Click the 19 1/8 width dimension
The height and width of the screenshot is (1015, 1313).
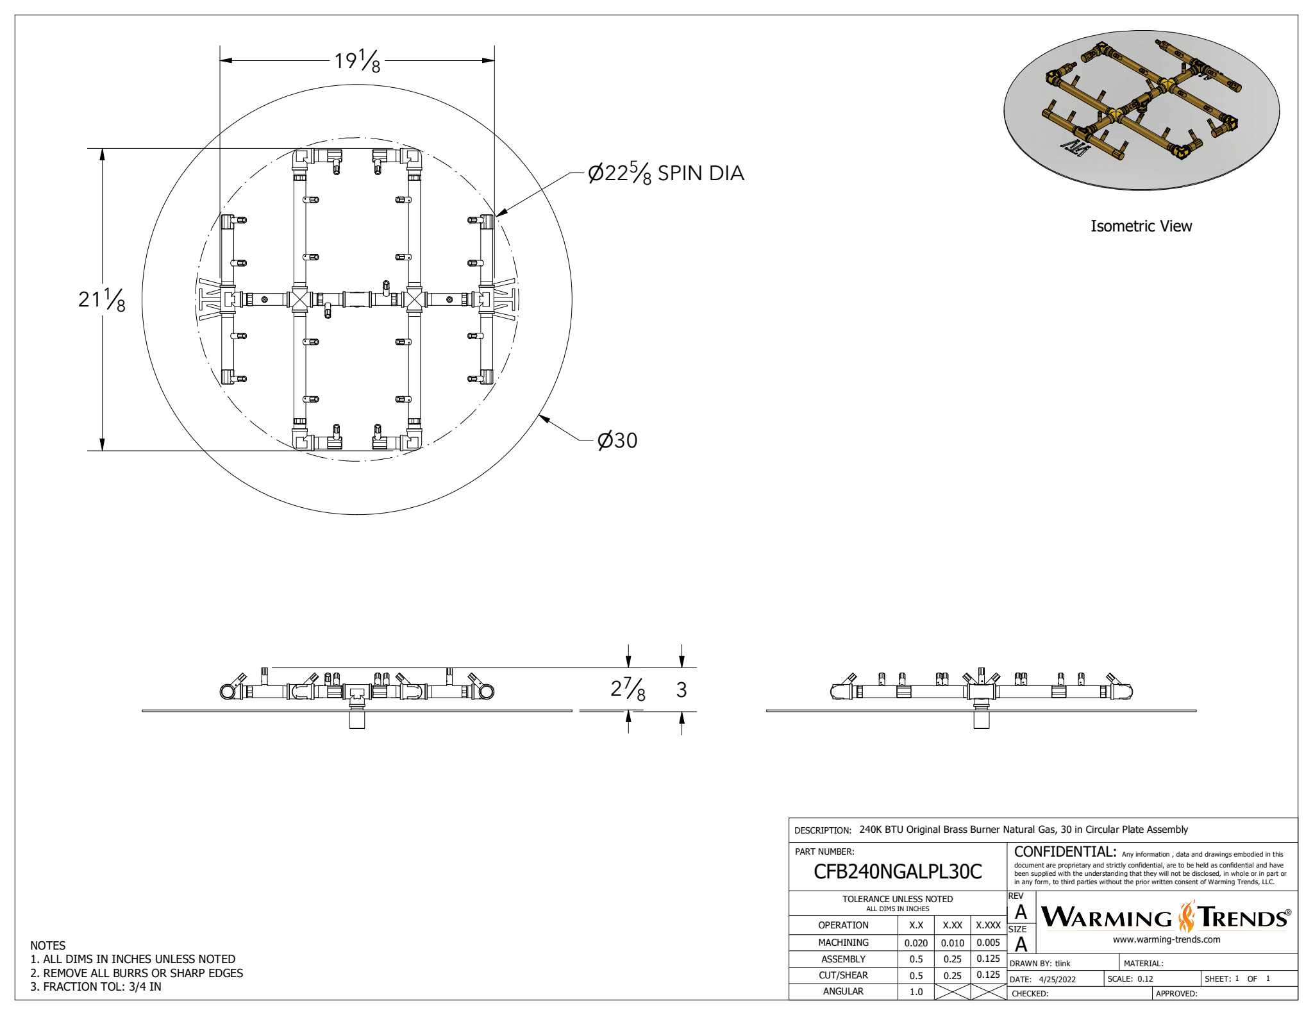357,61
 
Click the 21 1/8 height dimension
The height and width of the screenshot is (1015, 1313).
101,299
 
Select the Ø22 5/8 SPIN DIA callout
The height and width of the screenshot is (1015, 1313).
665,173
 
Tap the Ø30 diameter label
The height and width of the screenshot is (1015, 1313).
617,440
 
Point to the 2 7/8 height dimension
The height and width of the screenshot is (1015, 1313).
627,689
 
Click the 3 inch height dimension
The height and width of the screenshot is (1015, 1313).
682,690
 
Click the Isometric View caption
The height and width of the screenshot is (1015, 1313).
1141,226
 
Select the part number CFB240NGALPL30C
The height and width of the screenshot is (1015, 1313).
897,871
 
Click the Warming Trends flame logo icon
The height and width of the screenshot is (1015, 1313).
1187,917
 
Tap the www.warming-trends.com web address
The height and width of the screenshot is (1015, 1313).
1166,939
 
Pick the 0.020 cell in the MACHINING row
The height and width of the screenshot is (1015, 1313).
916,943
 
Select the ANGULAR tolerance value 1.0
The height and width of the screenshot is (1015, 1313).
916,991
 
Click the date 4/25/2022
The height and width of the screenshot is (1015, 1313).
1057,979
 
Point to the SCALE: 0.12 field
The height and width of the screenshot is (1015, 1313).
1130,978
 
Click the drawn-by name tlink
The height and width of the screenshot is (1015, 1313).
1062,963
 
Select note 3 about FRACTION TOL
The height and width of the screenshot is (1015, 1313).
96,987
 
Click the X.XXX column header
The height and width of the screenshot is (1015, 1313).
988,925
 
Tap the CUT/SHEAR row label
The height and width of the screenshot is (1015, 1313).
842,975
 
